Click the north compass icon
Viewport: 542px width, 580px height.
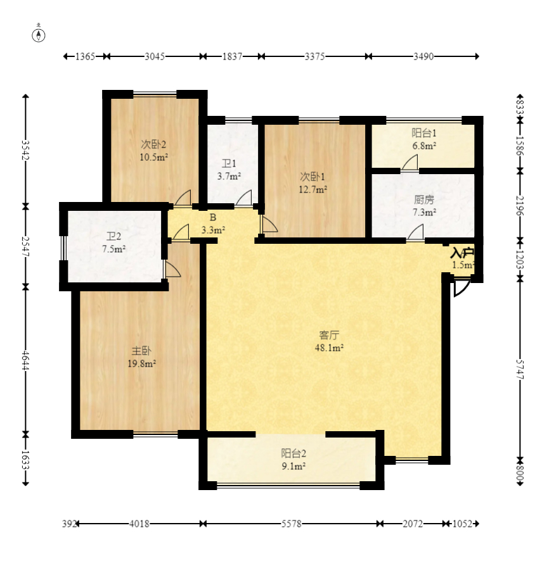[x=39, y=34]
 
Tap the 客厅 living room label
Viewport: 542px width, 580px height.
[x=329, y=335]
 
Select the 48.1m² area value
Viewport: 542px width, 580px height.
[x=329, y=348]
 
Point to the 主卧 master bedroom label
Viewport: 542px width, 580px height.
[x=141, y=351]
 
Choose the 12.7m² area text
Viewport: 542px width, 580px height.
[x=313, y=190]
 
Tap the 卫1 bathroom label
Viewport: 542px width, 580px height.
[x=229, y=163]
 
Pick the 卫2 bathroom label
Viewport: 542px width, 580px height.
[x=113, y=236]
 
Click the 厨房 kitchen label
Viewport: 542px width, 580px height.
[x=424, y=199]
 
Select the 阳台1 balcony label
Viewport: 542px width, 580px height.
[x=424, y=133]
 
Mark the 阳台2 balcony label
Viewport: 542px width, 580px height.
[x=294, y=453]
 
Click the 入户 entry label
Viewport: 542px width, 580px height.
[x=462, y=253]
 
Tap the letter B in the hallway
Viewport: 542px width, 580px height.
[x=212, y=218]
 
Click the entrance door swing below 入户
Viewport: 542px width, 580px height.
[x=461, y=287]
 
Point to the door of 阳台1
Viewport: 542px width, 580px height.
[x=410, y=163]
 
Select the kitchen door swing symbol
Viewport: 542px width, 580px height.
[x=415, y=232]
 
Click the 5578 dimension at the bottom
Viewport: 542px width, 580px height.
[x=292, y=524]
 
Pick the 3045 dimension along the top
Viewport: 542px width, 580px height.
[x=155, y=56]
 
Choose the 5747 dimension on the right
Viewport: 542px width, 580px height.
[x=520, y=369]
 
